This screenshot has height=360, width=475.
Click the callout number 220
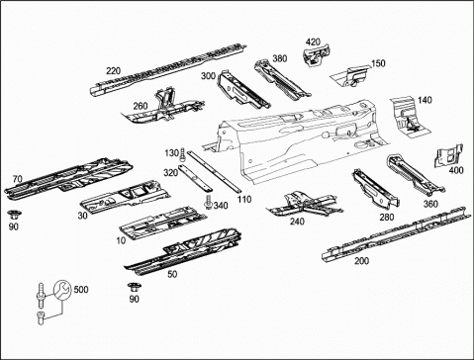[x=113, y=71]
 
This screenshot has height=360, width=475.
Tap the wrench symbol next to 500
[x=62, y=290]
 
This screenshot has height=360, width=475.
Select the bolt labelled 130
[x=182, y=155]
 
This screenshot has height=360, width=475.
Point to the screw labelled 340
[x=208, y=202]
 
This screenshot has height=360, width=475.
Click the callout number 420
[x=313, y=43]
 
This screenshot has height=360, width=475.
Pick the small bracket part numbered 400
[x=448, y=155]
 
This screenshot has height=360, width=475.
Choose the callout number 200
[x=361, y=261]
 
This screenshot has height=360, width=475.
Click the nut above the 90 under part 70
[x=14, y=215]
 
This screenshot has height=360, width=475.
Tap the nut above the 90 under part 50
[x=134, y=287]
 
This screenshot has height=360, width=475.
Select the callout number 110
[x=244, y=200]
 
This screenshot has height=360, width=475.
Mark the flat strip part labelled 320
[x=195, y=178]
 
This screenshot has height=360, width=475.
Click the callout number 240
[x=297, y=222]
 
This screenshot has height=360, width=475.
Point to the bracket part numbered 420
[x=318, y=55]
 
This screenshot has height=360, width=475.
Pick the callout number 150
[x=378, y=63]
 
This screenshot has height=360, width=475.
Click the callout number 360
[x=430, y=204]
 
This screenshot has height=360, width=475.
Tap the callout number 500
[x=81, y=290]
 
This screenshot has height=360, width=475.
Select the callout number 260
[x=141, y=106]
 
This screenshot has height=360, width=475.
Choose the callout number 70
[x=18, y=179]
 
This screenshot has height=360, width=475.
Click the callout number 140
[x=425, y=100]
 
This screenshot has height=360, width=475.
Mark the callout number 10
[x=121, y=240]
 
